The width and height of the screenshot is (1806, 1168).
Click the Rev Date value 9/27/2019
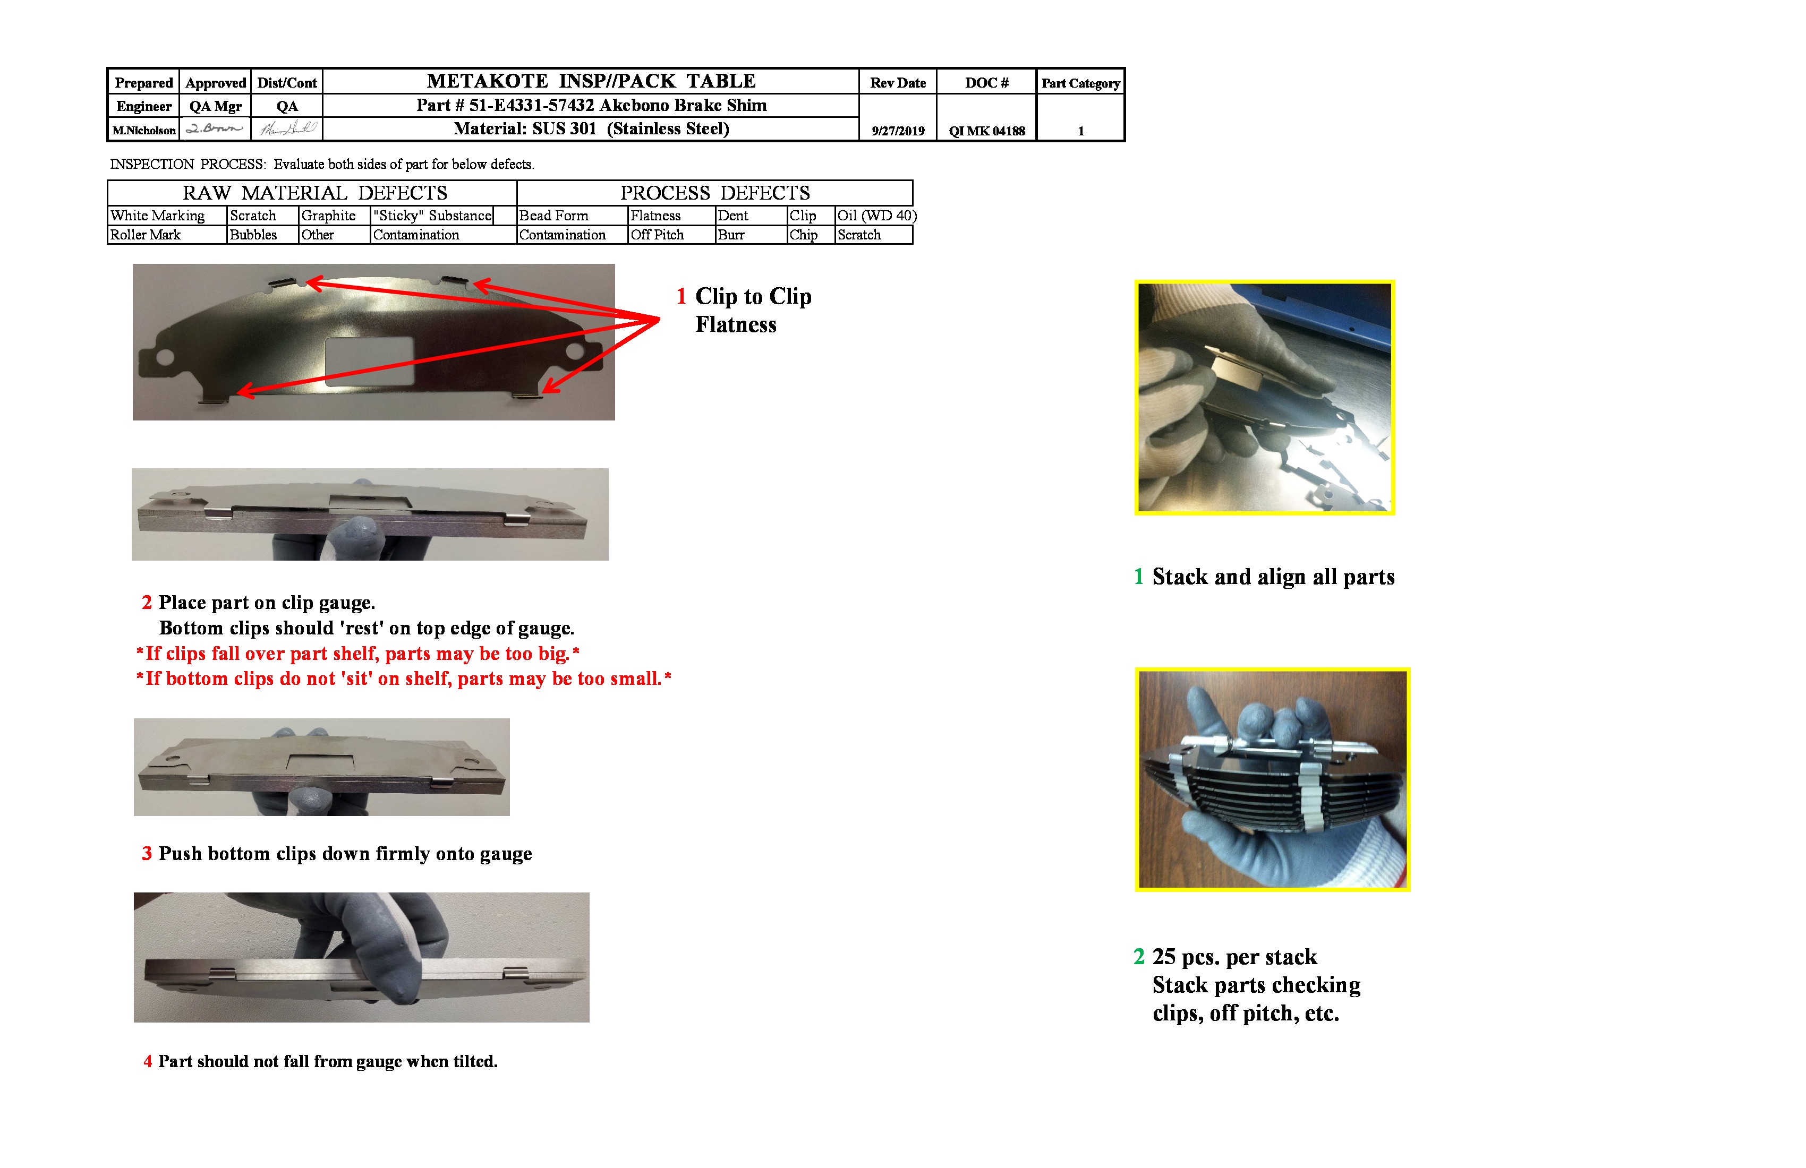point(898,131)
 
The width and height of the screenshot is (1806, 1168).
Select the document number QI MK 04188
point(986,131)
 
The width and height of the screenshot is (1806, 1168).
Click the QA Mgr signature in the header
point(215,129)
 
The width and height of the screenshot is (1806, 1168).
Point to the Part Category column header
point(1080,83)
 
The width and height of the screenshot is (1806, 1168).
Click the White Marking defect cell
point(158,216)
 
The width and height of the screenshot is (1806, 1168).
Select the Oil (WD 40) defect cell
point(876,216)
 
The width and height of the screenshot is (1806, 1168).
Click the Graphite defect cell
point(329,216)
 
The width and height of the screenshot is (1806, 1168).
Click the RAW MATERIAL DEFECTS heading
point(315,193)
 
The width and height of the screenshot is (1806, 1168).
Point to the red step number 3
point(147,854)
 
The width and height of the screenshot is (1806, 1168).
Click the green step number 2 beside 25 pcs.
point(1138,957)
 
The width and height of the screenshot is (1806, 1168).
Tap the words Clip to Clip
point(753,297)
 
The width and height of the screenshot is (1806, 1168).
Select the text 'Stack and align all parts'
point(1273,577)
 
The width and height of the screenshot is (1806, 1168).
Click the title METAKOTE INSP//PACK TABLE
point(591,81)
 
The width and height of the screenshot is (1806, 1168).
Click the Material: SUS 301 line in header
point(591,129)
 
